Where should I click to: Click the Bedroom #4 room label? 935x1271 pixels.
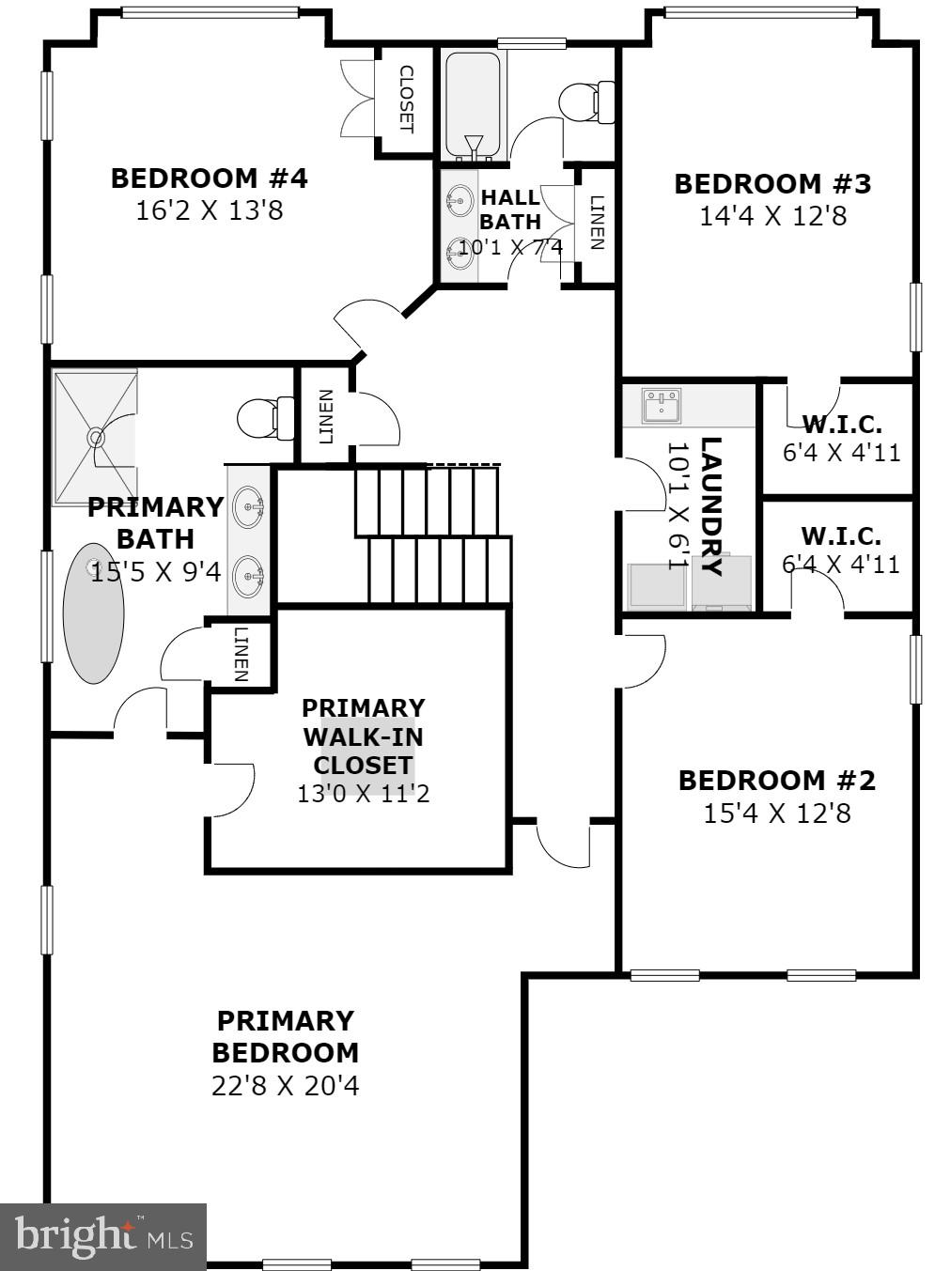click(x=209, y=178)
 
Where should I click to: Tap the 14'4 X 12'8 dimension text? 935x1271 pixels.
click(x=772, y=216)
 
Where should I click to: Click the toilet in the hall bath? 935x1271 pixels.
click(x=587, y=102)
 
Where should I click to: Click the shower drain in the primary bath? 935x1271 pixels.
click(x=95, y=437)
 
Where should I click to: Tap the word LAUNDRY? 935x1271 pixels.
click(x=711, y=506)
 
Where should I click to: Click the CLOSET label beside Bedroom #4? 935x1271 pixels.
click(x=407, y=99)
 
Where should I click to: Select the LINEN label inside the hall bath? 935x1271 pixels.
click(x=596, y=223)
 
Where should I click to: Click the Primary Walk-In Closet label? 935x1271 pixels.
click(x=363, y=736)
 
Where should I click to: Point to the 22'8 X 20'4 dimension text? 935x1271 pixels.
click(x=285, y=1086)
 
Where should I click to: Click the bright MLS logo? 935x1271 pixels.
click(x=102, y=1236)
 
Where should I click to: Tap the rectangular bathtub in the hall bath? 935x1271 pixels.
click(x=474, y=105)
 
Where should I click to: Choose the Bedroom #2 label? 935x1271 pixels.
click(x=776, y=780)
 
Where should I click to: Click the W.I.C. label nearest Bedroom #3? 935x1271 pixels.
click(x=841, y=424)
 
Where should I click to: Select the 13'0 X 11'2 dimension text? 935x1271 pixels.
click(x=363, y=794)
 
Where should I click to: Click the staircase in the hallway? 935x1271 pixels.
click(x=433, y=535)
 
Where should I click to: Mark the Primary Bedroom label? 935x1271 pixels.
click(x=285, y=1036)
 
